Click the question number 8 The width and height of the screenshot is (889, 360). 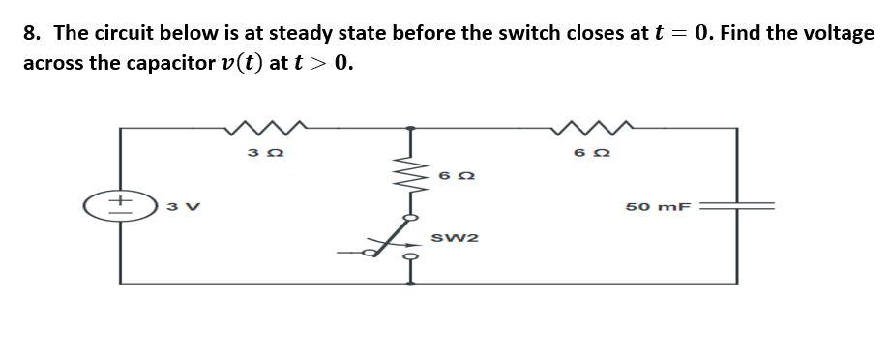pyautogui.click(x=32, y=33)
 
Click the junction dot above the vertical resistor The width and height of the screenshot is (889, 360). pyautogui.click(x=411, y=127)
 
